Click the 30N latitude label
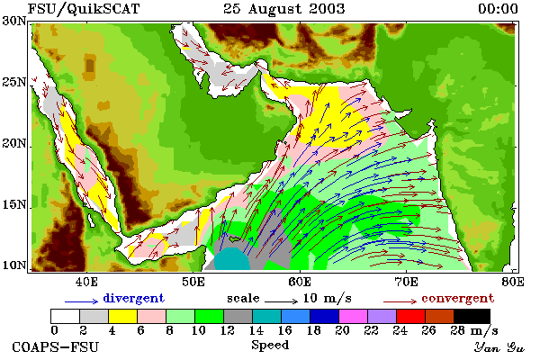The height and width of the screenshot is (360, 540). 14,21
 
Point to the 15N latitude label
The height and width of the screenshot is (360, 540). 14,204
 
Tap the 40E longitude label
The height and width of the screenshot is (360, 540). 86,282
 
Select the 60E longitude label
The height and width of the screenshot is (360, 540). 300,282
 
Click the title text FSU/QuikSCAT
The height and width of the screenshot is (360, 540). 84,9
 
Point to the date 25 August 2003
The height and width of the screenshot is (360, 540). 284,9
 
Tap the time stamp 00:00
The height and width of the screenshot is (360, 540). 498,9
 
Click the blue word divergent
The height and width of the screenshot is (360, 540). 133,298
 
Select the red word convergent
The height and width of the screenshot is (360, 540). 458,298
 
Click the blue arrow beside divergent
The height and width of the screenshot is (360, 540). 82,301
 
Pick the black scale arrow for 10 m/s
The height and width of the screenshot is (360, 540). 281,301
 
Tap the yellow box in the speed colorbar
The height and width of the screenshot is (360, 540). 122,316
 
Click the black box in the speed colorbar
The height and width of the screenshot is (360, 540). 472,316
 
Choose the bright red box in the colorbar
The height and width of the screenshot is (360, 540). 411,316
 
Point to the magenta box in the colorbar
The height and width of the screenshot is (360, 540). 354,316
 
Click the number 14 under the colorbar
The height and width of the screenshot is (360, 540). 256,330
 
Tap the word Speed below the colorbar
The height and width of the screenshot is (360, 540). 270,346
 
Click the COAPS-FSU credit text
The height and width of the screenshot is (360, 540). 56,346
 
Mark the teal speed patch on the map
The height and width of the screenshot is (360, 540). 231,259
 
